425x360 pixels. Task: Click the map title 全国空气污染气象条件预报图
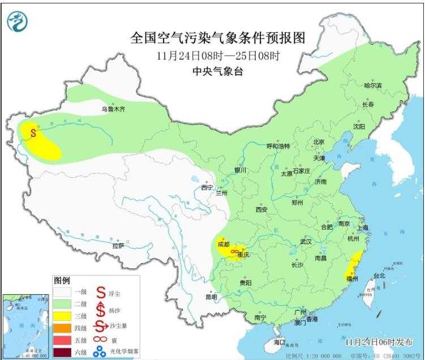(218, 38)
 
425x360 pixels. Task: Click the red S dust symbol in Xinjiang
(33, 134)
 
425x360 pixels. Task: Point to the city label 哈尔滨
(372, 85)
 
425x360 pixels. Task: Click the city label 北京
(319, 142)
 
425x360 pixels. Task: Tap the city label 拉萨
(118, 246)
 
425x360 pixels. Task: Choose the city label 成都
(223, 245)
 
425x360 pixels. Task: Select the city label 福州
(349, 279)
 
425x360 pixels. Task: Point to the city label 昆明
(211, 297)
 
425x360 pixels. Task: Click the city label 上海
(362, 228)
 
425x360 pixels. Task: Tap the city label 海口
(280, 342)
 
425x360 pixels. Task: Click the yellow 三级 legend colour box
(62, 314)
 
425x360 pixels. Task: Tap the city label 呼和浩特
(278, 146)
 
